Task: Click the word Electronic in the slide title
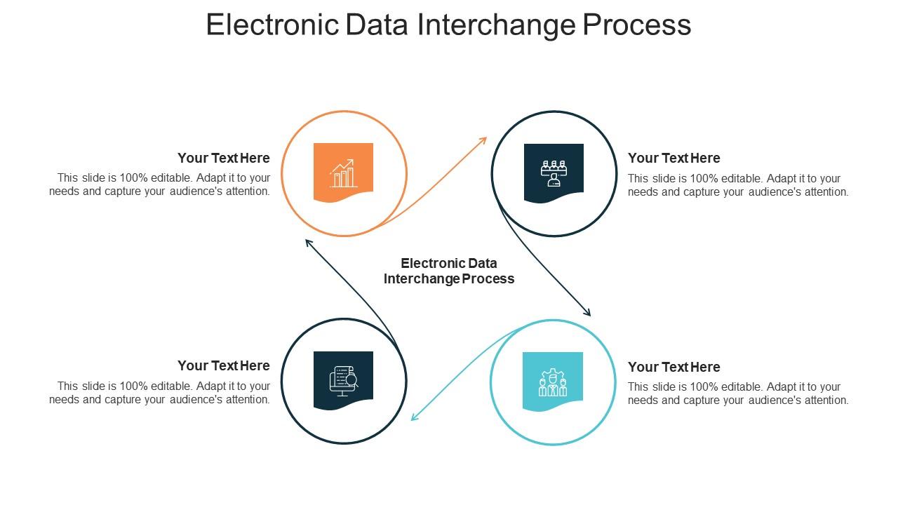pyautogui.click(x=272, y=25)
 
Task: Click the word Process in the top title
pyautogui.click(x=636, y=25)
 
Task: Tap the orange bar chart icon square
pyautogui.click(x=343, y=173)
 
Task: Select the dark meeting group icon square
pyautogui.click(x=554, y=173)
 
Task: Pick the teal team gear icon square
pyautogui.click(x=553, y=382)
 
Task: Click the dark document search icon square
pyautogui.click(x=343, y=381)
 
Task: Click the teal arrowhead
pyautogui.click(x=415, y=417)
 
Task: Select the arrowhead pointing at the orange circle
pyautogui.click(x=309, y=243)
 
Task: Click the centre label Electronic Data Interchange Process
pyautogui.click(x=449, y=271)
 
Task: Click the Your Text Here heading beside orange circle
pyautogui.click(x=224, y=158)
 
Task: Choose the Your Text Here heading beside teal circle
pyautogui.click(x=674, y=367)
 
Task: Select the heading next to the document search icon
pyautogui.click(x=224, y=365)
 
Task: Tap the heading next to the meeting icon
pyautogui.click(x=674, y=158)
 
